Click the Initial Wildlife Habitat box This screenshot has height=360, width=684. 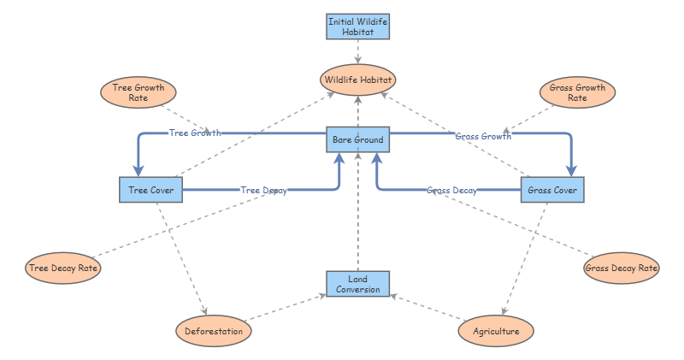(x=357, y=27)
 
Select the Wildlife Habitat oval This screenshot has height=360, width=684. (x=357, y=80)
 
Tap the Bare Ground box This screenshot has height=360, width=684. (x=357, y=139)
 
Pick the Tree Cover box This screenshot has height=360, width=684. (x=151, y=190)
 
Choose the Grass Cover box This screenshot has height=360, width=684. (x=552, y=190)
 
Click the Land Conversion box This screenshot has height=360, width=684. (x=357, y=284)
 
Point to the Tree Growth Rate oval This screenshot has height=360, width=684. (x=139, y=92)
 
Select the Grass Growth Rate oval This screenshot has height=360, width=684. (x=578, y=92)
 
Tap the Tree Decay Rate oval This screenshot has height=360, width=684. (x=63, y=268)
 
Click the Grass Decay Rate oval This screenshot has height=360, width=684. (x=622, y=268)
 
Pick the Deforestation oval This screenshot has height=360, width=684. (x=214, y=331)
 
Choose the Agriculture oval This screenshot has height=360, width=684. (x=496, y=331)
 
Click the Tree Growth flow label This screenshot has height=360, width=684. (x=195, y=133)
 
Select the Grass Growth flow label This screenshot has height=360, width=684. (x=483, y=136)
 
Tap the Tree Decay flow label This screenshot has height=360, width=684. (x=264, y=190)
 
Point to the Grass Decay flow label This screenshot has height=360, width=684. (x=451, y=190)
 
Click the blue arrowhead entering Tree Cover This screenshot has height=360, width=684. (x=139, y=171)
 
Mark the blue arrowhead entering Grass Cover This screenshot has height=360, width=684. (x=571, y=171)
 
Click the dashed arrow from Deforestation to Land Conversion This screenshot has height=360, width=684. (x=286, y=308)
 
